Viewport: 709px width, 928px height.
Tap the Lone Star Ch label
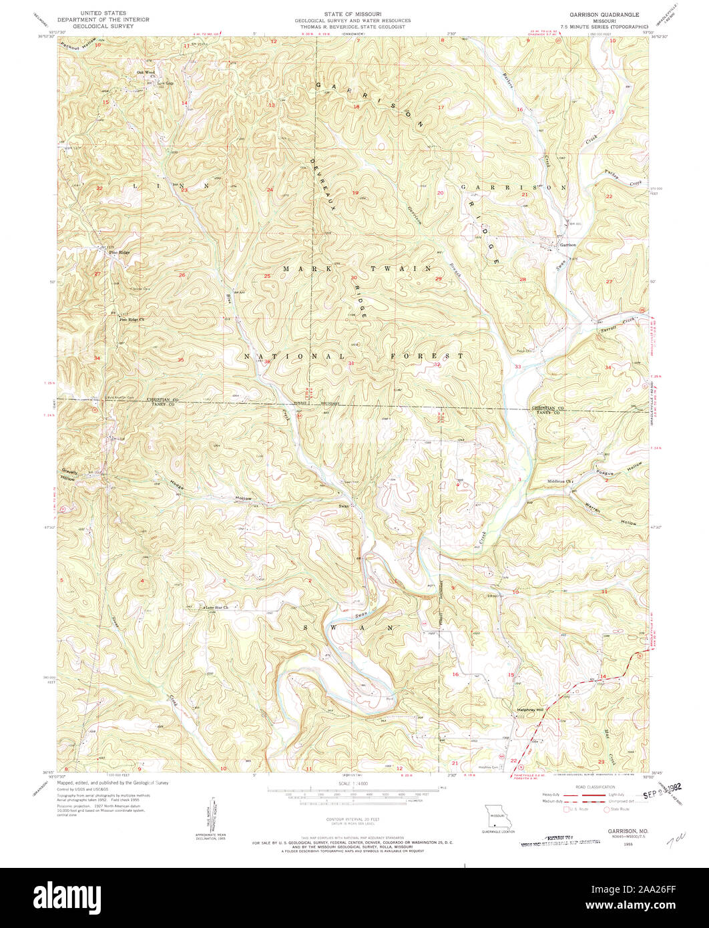[216, 608]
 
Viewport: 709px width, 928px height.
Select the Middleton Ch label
[559, 481]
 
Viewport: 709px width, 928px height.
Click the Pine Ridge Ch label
[132, 320]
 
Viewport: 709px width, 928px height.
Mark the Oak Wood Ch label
[146, 73]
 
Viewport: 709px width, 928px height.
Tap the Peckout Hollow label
[78, 45]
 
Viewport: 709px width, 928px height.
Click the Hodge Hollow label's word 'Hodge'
[176, 487]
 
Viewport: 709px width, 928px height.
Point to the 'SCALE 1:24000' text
[353, 783]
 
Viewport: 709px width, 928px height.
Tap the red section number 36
[267, 362]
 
